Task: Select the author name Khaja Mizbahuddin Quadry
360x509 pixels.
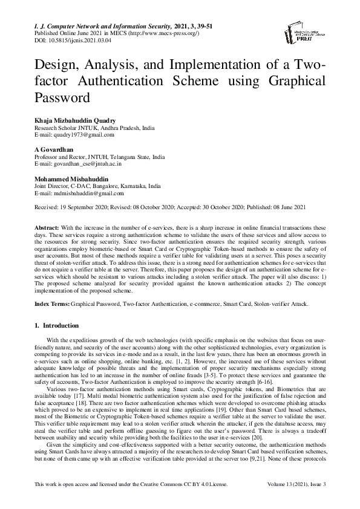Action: [x=75, y=121]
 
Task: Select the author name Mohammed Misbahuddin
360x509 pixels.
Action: [x=70, y=179]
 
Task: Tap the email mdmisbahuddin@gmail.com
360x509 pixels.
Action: [x=79, y=193]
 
